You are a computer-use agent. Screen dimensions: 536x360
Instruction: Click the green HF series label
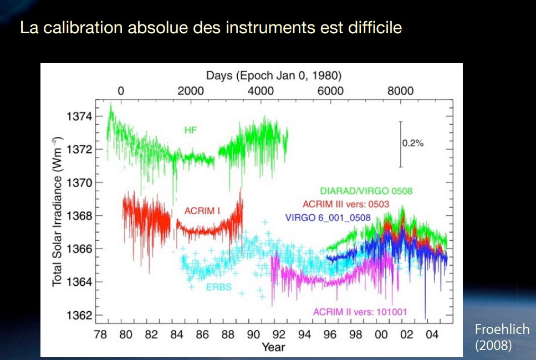[x=191, y=130]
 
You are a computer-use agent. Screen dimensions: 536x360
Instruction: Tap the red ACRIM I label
[x=202, y=211]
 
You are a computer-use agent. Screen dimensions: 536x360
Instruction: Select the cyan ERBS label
[x=219, y=287]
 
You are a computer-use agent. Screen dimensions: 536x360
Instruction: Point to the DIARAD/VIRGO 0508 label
[x=366, y=191]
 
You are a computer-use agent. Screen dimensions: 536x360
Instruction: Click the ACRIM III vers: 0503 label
[x=346, y=204]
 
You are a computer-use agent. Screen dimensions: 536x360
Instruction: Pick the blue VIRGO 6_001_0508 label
[x=328, y=218]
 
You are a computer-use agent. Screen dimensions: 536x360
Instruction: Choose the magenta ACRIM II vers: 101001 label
[x=360, y=312]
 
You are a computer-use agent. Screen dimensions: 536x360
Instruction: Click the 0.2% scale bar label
[x=412, y=143]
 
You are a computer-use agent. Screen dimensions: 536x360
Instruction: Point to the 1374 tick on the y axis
[x=79, y=116]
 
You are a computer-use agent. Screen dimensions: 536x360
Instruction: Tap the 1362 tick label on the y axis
[x=79, y=315]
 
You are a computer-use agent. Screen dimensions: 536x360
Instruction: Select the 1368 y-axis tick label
[x=79, y=216]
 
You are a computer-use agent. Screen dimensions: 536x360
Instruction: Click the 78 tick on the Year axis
[x=100, y=334]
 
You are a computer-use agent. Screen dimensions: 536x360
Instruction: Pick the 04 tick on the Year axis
[x=432, y=334]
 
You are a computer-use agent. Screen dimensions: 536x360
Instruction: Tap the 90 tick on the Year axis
[x=253, y=334]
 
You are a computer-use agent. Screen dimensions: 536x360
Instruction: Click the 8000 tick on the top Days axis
[x=400, y=91]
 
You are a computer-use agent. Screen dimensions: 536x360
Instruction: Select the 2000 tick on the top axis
[x=191, y=91]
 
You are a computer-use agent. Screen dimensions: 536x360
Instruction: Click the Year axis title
[x=273, y=347]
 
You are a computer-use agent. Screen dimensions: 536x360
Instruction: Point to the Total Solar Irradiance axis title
[x=58, y=212]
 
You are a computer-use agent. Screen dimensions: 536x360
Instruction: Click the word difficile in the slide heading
[x=375, y=27]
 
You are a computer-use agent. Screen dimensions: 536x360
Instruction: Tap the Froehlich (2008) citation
[x=502, y=337]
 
